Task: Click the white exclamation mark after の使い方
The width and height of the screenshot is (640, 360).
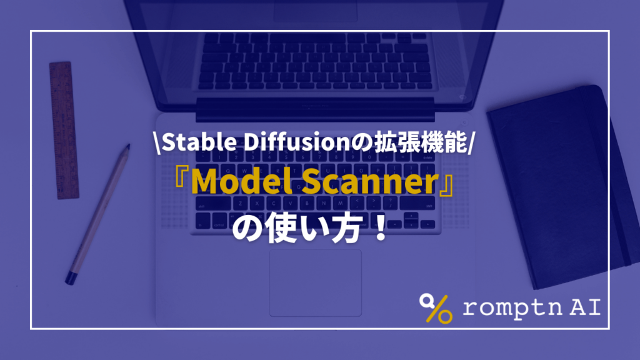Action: [393, 230]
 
